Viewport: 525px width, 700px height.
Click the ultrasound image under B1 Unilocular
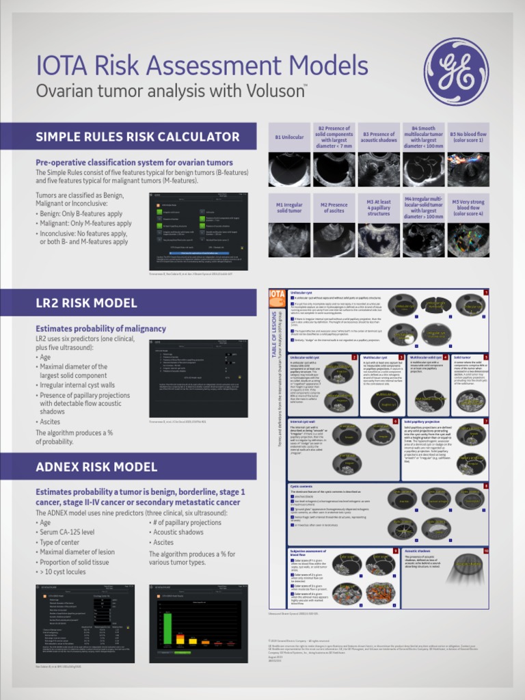pyautogui.click(x=289, y=169)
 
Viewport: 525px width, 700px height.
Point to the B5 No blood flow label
pyautogui.click(x=468, y=137)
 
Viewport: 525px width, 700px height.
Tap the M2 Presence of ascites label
pyautogui.click(x=334, y=208)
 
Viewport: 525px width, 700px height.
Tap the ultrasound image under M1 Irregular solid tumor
pyautogui.click(x=289, y=239)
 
